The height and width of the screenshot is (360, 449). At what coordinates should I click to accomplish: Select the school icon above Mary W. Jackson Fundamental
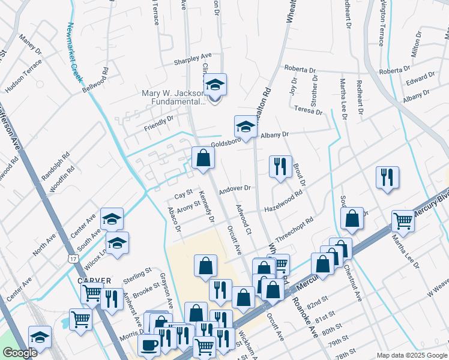point(214,85)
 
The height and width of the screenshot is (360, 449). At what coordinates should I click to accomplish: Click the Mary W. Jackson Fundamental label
point(173,97)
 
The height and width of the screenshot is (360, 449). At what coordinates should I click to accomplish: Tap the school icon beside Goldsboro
point(245,127)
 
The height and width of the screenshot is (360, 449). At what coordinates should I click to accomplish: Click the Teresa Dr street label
point(309,110)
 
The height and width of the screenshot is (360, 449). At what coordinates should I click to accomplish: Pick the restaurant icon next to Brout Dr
point(280,167)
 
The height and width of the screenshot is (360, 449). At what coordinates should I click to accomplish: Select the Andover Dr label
point(234,188)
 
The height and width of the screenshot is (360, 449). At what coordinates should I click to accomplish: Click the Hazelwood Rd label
point(283,202)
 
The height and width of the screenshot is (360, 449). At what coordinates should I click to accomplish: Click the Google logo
point(20,353)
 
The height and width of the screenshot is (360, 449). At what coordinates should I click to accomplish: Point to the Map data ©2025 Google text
point(411,355)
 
